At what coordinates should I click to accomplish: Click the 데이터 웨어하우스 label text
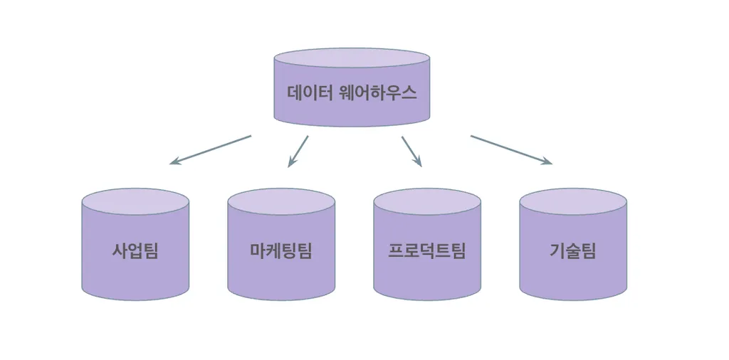[x=352, y=93]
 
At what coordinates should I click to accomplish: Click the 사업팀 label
[x=135, y=251]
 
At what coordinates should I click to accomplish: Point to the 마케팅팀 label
[x=281, y=251]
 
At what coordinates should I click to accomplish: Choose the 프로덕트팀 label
[x=427, y=251]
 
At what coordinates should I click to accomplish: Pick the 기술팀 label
[x=573, y=251]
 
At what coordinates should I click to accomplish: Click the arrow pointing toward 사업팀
[x=211, y=149]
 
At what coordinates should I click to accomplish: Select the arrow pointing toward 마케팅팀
[x=298, y=151]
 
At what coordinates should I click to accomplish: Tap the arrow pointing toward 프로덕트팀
[x=411, y=151]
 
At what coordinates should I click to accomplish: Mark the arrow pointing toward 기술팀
[x=510, y=150]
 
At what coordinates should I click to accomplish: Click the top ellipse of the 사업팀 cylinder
[x=135, y=201]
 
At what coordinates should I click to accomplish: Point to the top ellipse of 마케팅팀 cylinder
[x=281, y=201]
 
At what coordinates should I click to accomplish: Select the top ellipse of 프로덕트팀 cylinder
[x=427, y=201]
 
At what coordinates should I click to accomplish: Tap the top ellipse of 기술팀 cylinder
[x=573, y=201]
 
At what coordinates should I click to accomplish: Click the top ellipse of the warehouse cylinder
[x=352, y=58]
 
